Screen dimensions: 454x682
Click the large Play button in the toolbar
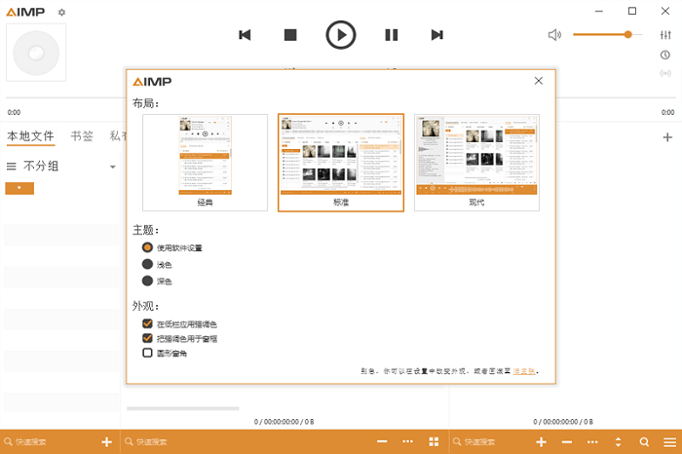[x=340, y=35]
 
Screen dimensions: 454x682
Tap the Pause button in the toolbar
[x=392, y=35]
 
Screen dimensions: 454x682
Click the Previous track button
[x=245, y=35]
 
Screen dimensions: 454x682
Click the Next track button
[x=436, y=35]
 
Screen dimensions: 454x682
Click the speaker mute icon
[x=554, y=35]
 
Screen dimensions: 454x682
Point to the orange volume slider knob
[x=627, y=34]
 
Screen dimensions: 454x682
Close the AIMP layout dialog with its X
[x=538, y=82]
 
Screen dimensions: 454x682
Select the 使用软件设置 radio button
[x=148, y=247]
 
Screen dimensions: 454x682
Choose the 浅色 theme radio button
[x=148, y=264]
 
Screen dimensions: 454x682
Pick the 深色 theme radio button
[x=148, y=281]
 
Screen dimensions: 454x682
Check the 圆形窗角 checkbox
[x=148, y=353]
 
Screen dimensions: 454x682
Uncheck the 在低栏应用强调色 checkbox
[x=148, y=323]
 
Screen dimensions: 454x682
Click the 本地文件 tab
[x=30, y=136]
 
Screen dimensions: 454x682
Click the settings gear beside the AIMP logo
[x=62, y=12]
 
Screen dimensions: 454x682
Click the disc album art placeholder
[x=36, y=54]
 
